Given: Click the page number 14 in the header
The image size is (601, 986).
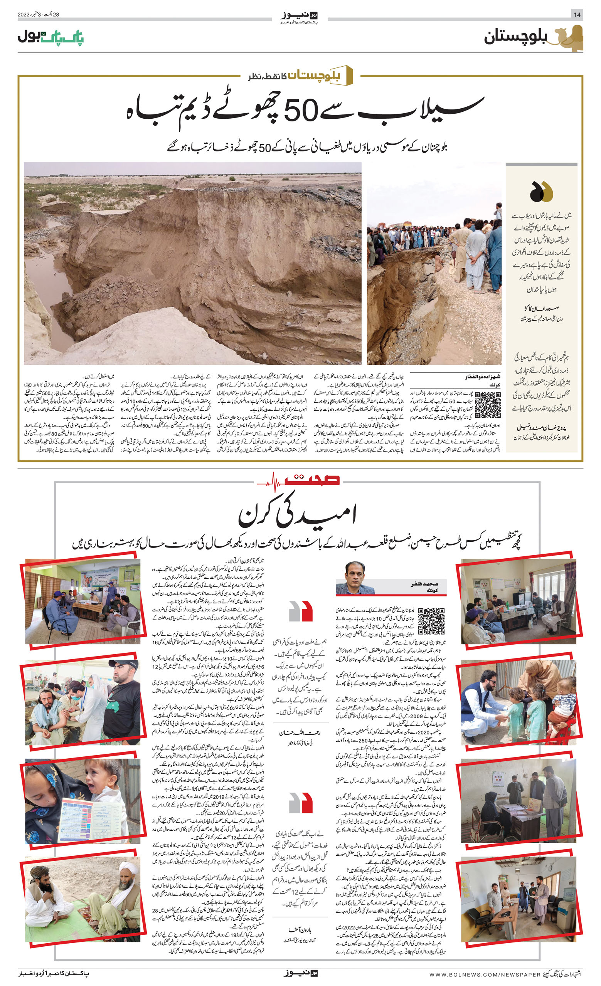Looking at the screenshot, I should point(577,15).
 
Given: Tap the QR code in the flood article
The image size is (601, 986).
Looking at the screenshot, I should point(487,405).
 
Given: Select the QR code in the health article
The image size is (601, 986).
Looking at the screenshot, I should point(431,621).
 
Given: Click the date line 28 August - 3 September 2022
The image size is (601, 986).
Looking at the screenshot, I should point(39,15).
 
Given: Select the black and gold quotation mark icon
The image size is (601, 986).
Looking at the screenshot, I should point(541,191).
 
